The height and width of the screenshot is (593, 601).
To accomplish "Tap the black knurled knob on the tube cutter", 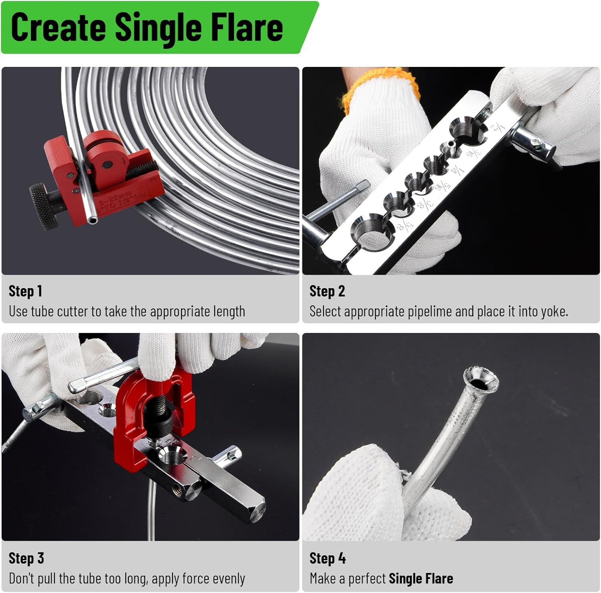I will (x=43, y=206).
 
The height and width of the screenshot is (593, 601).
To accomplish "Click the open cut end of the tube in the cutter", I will (x=93, y=219).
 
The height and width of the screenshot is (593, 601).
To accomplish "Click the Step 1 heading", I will (x=25, y=291).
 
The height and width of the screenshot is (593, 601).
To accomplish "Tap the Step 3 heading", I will (x=26, y=558).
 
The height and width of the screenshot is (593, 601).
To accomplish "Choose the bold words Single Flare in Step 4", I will (x=421, y=579).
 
